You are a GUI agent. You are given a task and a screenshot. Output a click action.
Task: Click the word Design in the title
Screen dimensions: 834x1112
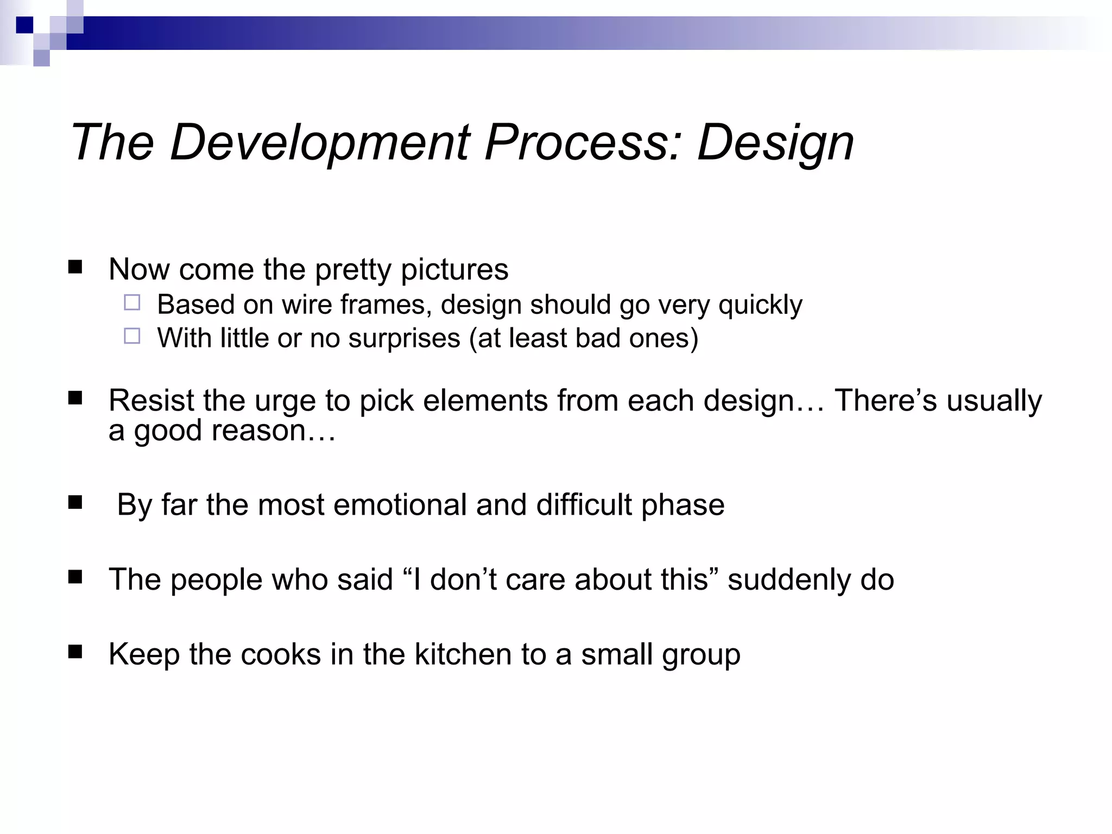point(775,143)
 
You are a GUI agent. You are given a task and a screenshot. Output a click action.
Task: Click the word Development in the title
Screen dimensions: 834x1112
point(319,143)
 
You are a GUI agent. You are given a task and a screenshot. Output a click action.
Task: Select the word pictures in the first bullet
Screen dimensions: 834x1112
point(454,269)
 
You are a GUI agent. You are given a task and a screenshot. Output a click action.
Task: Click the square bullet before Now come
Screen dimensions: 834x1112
point(75,267)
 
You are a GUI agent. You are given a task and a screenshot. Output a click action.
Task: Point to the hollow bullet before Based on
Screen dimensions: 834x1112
point(132,302)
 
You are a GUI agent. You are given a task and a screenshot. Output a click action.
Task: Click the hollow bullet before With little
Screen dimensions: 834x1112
point(132,336)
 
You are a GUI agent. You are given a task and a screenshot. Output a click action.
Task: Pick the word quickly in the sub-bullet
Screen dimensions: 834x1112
point(760,305)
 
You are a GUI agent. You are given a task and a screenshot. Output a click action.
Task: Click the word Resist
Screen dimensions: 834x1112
point(151,401)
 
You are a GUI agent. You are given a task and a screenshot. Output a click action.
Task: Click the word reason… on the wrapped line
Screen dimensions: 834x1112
point(273,431)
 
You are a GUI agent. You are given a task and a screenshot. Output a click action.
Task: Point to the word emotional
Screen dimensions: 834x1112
point(400,505)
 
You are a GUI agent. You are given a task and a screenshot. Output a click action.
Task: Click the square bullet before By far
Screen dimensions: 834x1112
point(75,502)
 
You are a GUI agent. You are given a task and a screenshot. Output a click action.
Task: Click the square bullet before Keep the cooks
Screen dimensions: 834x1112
point(75,652)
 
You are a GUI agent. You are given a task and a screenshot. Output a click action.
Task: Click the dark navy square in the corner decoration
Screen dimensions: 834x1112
point(24,25)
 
